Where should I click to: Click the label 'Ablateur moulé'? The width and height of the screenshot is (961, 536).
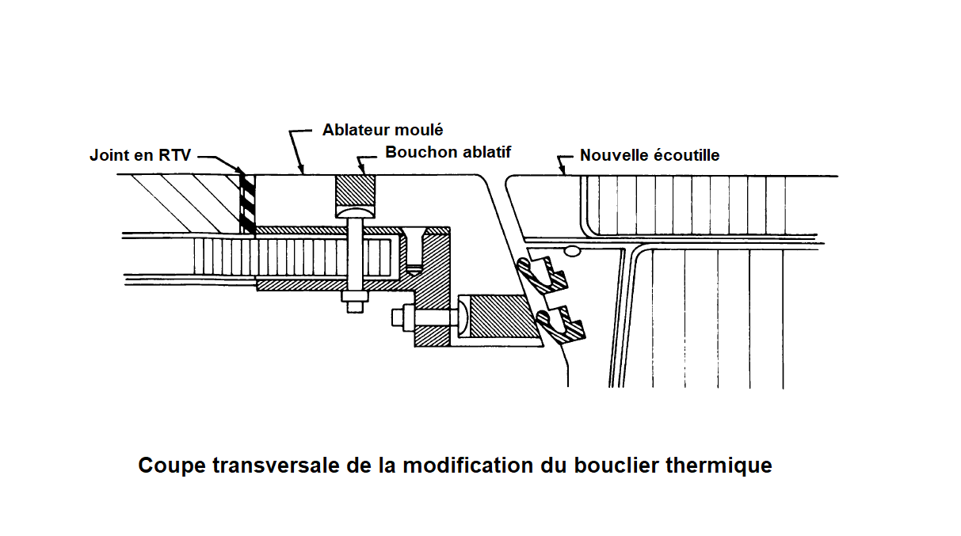tap(383, 130)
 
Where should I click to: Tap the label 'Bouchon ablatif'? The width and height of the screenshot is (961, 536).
tap(448, 152)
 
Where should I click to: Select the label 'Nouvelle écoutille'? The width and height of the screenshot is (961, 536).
tap(650, 155)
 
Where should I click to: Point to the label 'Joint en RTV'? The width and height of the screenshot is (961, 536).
tap(140, 155)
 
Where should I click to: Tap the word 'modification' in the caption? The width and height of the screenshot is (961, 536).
tap(467, 465)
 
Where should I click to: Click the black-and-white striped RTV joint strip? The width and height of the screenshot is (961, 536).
tap(247, 203)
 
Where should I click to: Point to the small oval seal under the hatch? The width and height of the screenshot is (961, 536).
tap(572, 251)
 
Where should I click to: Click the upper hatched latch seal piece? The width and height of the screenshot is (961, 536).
tap(543, 275)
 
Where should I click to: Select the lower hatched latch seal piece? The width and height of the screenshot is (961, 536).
tap(560, 325)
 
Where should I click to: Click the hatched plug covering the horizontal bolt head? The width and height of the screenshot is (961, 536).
tap(503, 317)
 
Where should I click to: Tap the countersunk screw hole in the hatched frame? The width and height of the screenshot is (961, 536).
tap(414, 252)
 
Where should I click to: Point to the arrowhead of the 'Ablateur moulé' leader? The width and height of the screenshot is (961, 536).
tap(302, 169)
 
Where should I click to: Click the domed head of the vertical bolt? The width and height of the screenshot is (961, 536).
tap(355, 212)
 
